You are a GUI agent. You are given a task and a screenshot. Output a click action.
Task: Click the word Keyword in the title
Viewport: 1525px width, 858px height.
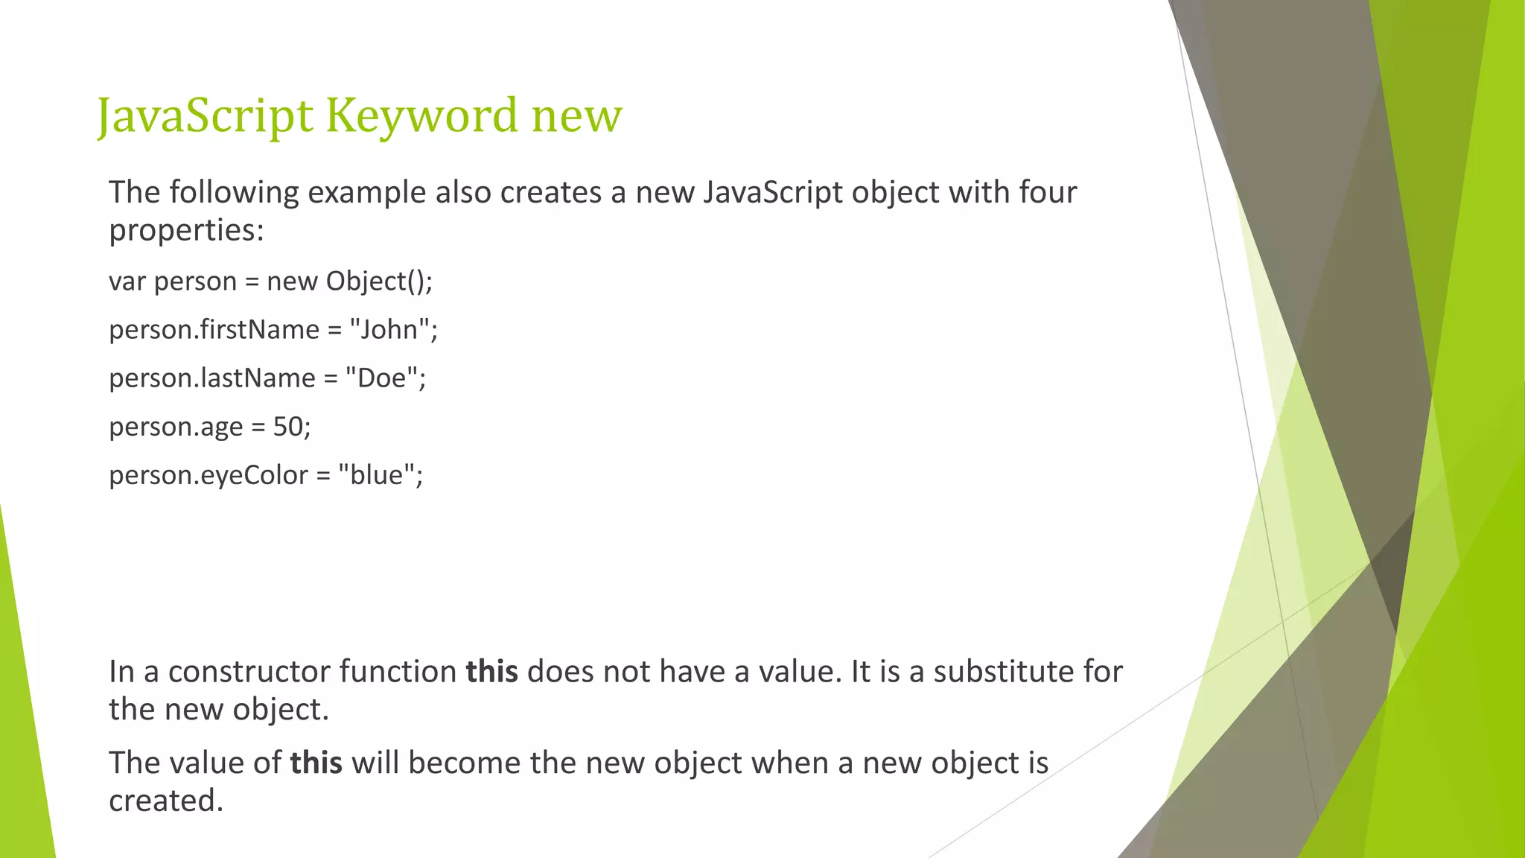(421, 116)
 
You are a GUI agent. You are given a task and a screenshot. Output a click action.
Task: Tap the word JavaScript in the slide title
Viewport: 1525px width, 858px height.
(206, 116)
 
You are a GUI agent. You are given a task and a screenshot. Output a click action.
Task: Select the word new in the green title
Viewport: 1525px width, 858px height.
(576, 118)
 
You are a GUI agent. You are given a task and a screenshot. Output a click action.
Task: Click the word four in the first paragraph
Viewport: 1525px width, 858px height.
(1048, 192)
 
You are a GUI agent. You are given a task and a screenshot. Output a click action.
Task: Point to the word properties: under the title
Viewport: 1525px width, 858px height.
(186, 230)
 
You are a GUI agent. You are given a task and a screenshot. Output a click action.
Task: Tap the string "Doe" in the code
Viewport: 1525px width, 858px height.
(381, 378)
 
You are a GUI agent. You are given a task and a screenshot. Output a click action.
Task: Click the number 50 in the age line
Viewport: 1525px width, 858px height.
(288, 426)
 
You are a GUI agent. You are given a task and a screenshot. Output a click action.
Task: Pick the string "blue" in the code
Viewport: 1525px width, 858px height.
(376, 474)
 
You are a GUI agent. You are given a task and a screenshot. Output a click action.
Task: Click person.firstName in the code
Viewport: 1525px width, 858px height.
(214, 329)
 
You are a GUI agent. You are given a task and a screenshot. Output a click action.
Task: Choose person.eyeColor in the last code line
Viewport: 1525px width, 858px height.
(208, 475)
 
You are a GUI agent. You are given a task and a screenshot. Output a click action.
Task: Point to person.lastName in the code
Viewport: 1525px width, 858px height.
(211, 378)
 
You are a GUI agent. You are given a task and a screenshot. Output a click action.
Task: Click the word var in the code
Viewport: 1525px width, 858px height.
(127, 282)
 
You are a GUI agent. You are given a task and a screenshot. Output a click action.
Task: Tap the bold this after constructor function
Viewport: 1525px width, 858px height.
(491, 672)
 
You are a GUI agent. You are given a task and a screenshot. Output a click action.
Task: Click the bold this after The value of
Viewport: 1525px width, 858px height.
(316, 763)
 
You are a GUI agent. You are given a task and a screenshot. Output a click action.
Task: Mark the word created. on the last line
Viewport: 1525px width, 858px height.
(166, 801)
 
